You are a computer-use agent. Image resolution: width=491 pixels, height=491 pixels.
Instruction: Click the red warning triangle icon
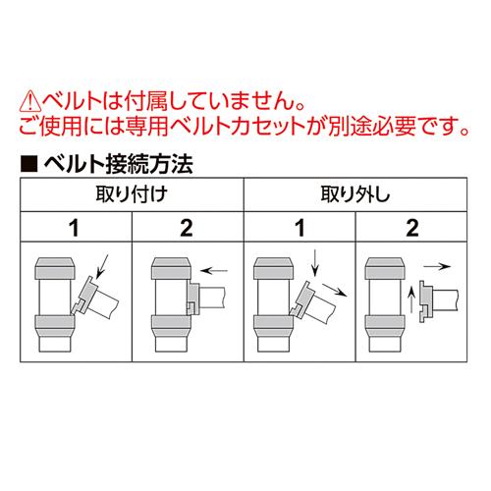click(30, 102)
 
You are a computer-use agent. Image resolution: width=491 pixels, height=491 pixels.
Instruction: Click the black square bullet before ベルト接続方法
click(29, 164)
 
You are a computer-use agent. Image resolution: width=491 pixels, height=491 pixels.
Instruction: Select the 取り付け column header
click(132, 194)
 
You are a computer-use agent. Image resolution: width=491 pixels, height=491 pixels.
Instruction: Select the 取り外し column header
click(355, 194)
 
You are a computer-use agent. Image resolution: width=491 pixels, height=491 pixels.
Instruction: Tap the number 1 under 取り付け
click(75, 228)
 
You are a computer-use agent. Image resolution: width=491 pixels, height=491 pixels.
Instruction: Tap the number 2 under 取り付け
click(187, 228)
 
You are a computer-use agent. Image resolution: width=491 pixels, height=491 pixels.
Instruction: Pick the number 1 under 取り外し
click(300, 228)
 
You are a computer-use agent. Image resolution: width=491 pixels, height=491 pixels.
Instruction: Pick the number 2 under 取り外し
click(412, 228)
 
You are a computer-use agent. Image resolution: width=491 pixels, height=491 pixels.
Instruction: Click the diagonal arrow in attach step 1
click(102, 265)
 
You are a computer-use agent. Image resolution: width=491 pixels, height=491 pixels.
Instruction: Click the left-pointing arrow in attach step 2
click(214, 271)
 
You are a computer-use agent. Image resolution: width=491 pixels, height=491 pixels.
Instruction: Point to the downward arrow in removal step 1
click(315, 263)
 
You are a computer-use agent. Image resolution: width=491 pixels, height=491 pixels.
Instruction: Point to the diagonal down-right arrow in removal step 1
click(335, 290)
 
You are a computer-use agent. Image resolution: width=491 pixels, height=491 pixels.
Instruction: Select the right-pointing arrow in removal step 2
click(437, 266)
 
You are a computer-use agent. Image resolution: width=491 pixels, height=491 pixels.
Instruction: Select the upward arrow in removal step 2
click(411, 300)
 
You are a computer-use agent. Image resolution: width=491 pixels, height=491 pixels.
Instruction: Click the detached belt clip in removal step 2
click(425, 301)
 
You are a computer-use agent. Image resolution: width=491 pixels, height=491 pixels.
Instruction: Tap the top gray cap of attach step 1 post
click(55, 268)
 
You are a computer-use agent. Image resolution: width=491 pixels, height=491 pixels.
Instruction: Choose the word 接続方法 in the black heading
click(149, 164)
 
